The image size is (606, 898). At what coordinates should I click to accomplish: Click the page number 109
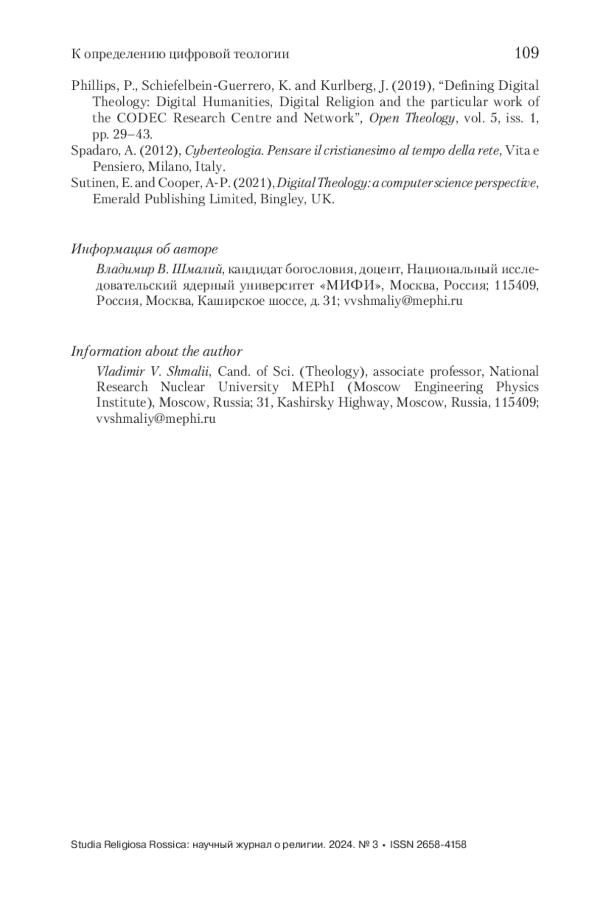[527, 53]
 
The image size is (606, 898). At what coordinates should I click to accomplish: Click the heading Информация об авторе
[144, 249]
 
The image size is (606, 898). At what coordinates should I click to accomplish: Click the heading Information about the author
[157, 351]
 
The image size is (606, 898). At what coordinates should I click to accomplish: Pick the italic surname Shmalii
[188, 372]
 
